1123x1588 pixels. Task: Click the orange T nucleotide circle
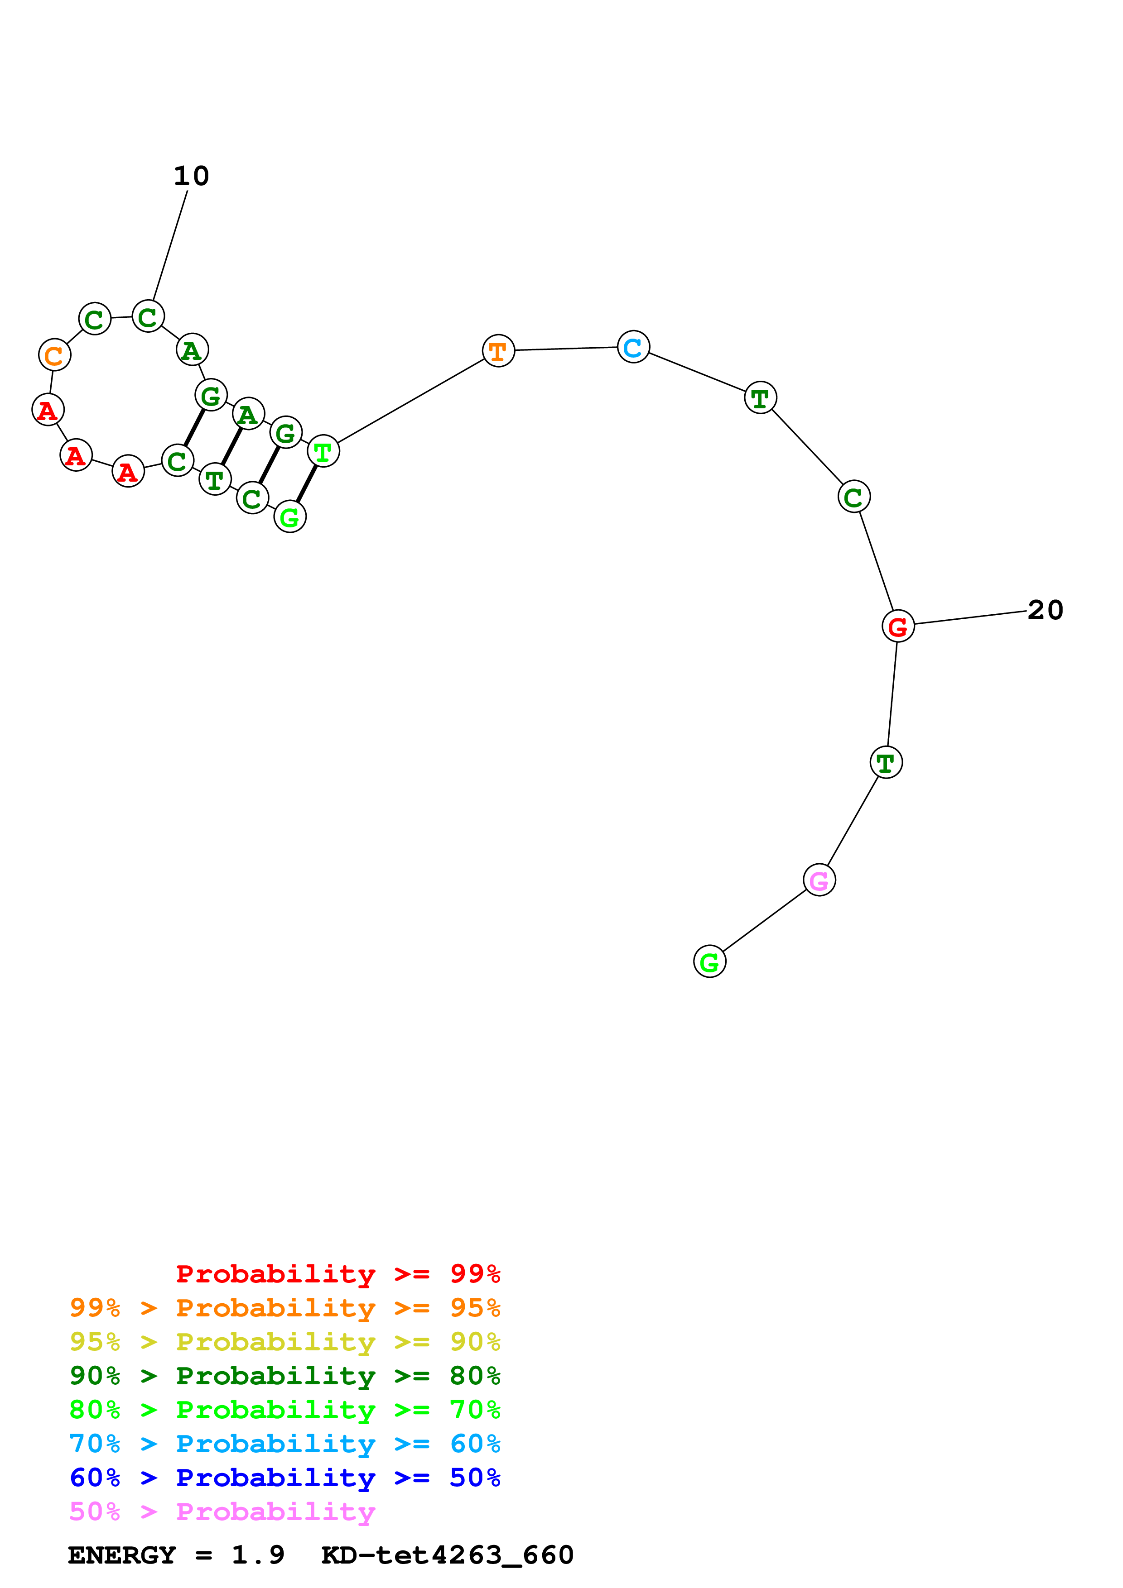point(498,351)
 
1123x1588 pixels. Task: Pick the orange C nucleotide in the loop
point(54,355)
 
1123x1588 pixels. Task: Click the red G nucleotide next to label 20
point(897,626)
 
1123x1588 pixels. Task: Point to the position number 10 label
point(191,177)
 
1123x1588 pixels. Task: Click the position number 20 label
point(1045,610)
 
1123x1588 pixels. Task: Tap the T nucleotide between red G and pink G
point(886,762)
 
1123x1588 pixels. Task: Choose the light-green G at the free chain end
point(709,961)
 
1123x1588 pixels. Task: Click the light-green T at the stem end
point(323,452)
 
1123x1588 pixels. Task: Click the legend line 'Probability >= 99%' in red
point(337,1273)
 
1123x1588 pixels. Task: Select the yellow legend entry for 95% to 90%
point(284,1342)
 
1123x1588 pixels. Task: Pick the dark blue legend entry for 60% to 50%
point(284,1478)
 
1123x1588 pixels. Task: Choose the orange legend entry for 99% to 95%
point(284,1308)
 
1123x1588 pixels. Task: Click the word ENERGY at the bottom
point(122,1555)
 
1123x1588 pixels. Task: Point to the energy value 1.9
point(257,1555)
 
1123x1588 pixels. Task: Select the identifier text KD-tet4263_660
point(447,1555)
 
